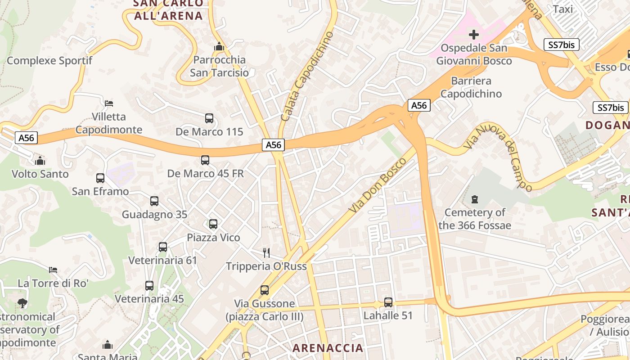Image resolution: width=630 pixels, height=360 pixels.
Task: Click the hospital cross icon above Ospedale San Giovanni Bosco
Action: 473,34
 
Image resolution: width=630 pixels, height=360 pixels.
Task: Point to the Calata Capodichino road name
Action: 307,76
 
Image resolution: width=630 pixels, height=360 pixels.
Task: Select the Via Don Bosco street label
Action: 374,186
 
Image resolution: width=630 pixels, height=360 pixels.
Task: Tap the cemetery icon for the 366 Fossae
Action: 474,199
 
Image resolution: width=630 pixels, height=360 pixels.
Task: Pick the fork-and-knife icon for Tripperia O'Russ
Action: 266,252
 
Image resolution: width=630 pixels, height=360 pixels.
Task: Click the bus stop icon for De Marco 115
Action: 209,118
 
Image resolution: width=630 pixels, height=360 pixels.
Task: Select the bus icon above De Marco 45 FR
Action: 205,160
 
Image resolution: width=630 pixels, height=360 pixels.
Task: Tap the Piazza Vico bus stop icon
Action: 213,224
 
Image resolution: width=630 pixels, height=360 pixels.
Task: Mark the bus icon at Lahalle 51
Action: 388,302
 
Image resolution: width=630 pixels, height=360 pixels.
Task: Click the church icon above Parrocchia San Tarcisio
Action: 219,46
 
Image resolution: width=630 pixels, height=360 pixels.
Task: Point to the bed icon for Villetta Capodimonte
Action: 108,103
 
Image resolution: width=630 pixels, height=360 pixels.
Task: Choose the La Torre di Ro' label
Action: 53,283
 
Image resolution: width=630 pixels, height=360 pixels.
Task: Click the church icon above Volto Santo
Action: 40,160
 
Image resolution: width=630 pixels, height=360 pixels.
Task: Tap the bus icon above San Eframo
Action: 100,178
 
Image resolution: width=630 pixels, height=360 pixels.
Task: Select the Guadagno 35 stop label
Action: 154,215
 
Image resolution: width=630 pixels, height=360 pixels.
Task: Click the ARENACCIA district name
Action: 328,347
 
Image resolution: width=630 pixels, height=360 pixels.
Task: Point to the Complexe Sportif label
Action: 49,61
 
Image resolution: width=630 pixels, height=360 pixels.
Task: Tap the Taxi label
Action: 562,9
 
